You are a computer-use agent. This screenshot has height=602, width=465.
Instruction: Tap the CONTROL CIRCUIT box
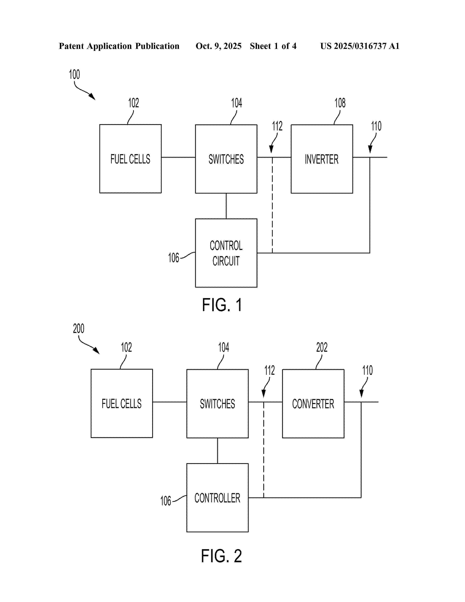point(226,253)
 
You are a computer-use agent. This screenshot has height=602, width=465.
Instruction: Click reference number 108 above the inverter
point(340,103)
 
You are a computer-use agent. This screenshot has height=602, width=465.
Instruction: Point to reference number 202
point(321,347)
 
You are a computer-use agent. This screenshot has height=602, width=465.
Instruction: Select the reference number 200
point(79,329)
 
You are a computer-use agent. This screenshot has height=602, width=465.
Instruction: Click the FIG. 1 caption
point(222,305)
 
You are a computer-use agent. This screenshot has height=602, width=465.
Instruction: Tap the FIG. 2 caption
point(222,556)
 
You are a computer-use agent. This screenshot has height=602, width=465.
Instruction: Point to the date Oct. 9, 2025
point(218,46)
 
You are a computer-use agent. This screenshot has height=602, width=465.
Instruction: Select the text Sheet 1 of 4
point(273,46)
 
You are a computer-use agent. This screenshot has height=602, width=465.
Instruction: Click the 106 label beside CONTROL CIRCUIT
point(174,258)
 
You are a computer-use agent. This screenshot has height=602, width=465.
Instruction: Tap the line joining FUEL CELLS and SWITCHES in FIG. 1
point(178,157)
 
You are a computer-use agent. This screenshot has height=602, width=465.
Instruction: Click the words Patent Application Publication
point(119,46)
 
